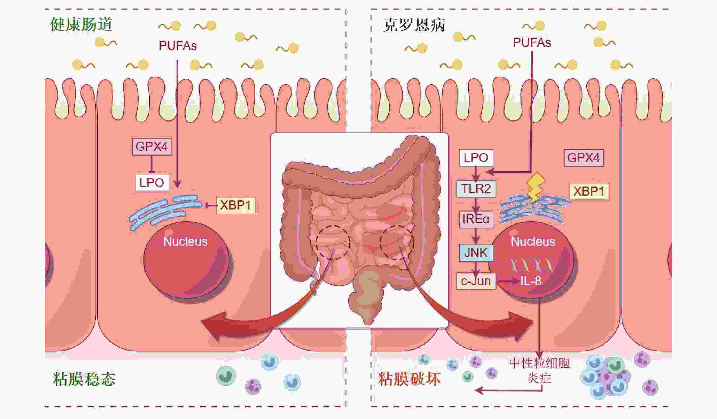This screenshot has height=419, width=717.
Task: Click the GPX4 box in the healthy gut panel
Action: [152, 147]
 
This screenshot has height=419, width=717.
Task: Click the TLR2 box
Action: [476, 188]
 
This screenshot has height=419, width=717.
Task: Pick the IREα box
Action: [476, 219]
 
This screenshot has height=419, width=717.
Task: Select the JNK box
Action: [476, 252]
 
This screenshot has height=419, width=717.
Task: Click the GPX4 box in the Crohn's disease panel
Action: [584, 158]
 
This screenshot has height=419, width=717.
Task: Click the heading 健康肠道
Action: [81, 25]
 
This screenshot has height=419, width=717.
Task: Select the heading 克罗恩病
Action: [414, 25]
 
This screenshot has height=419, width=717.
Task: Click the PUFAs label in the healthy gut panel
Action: [178, 46]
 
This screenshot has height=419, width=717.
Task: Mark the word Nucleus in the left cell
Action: [185, 242]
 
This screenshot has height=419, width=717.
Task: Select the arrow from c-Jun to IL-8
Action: [507, 282]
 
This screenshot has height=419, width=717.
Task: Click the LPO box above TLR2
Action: [476, 158]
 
